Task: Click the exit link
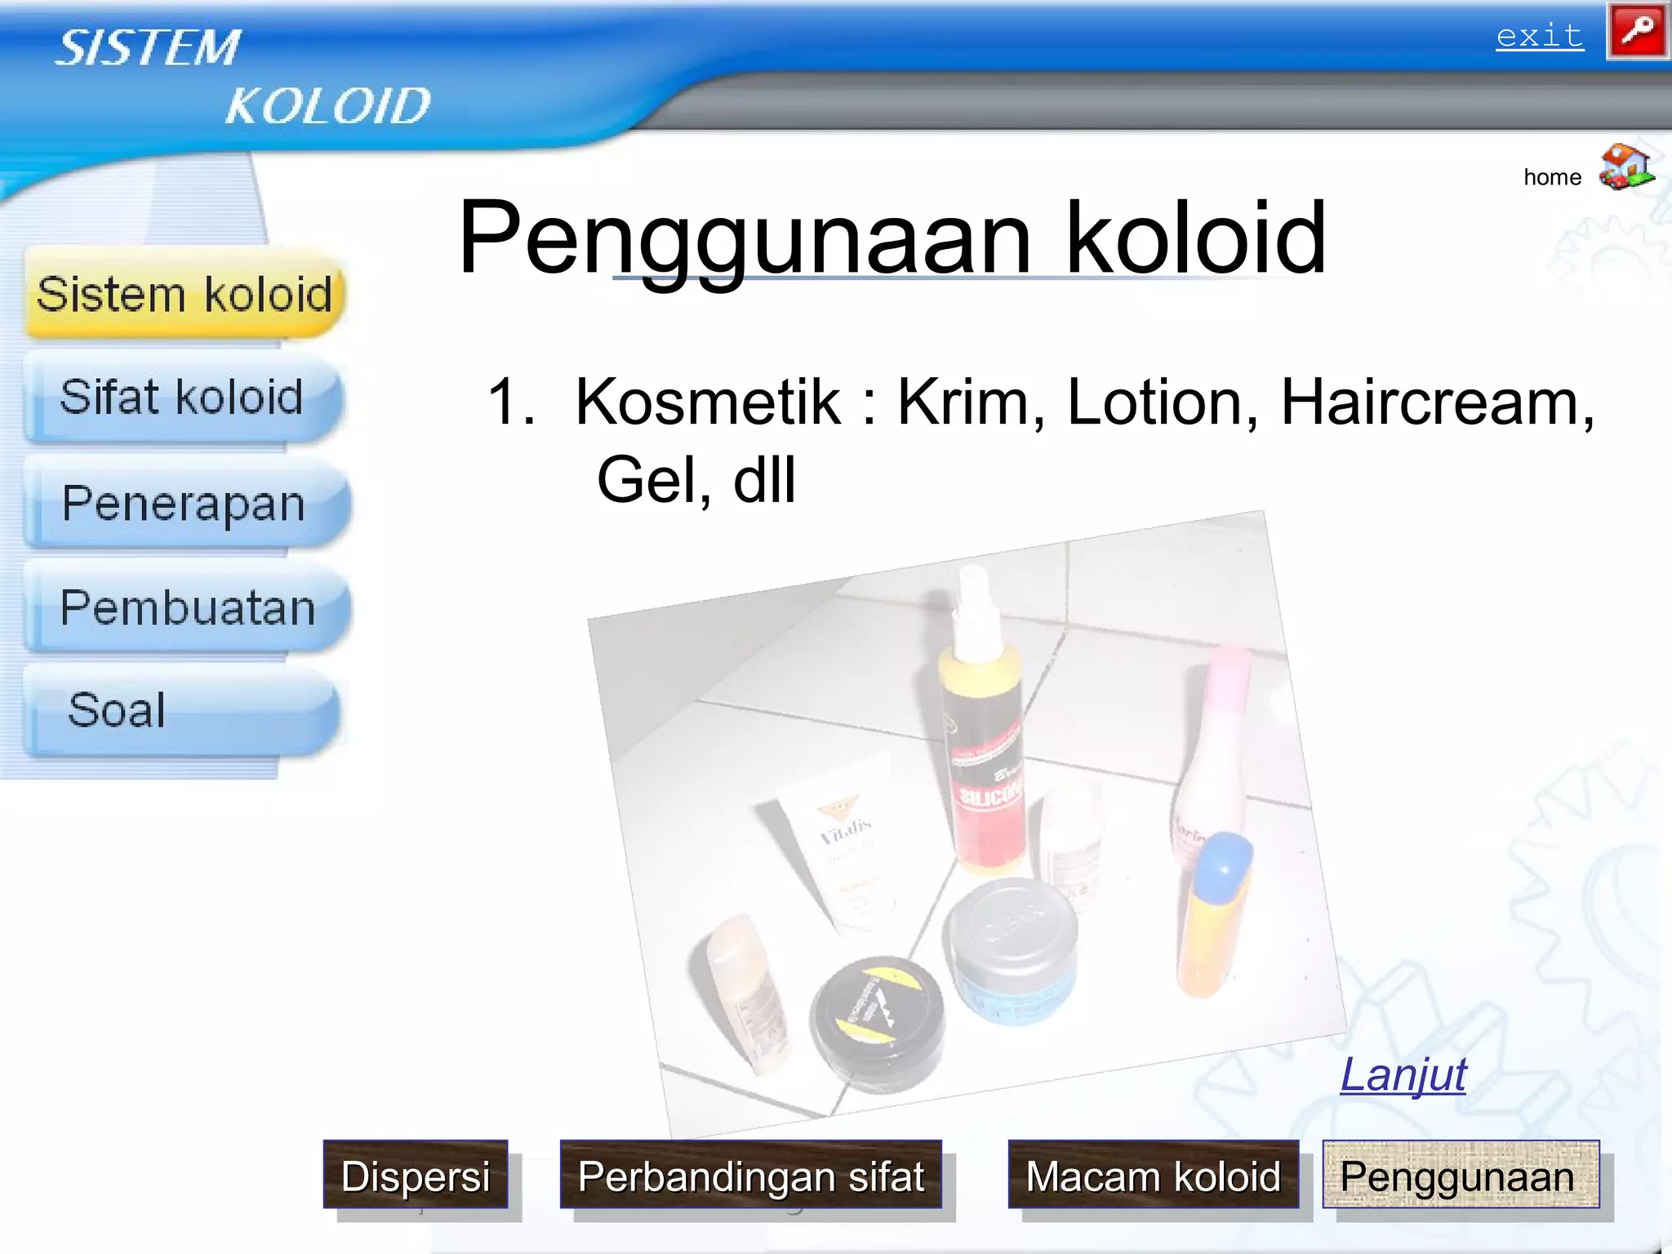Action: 1539,36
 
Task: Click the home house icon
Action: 1625,167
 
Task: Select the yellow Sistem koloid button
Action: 185,294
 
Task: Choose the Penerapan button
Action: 185,503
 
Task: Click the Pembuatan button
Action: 188,607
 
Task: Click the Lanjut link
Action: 1403,1074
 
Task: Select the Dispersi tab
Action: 416,1176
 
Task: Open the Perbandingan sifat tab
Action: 750,1176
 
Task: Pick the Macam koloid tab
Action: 1153,1176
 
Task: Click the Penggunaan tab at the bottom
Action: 1460,1176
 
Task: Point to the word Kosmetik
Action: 707,402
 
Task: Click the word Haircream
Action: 1435,402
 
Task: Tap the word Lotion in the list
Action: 1162,402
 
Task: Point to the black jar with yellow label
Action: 878,1016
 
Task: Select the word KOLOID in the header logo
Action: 327,106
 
